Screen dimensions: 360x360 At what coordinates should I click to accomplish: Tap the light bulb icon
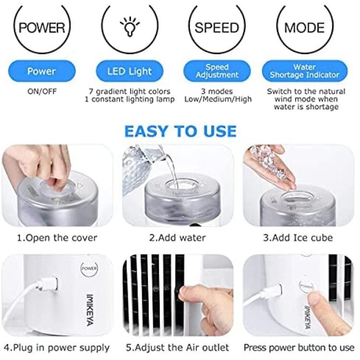(x=130, y=26)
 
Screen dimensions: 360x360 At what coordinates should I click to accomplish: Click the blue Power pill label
(x=42, y=71)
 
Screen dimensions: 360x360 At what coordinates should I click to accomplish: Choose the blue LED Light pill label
(x=130, y=71)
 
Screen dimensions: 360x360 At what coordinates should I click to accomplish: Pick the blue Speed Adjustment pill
(x=217, y=71)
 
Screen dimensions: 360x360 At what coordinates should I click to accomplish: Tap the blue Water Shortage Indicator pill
(x=305, y=71)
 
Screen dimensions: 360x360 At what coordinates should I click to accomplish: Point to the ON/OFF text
(x=42, y=91)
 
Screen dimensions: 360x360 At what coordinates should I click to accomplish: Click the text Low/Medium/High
(x=218, y=99)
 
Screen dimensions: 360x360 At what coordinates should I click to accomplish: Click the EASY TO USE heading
(x=180, y=131)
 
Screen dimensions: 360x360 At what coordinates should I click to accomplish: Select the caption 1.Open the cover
(x=57, y=238)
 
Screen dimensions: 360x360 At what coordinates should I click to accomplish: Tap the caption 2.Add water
(x=178, y=238)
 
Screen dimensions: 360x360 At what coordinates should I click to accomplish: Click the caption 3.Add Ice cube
(x=298, y=238)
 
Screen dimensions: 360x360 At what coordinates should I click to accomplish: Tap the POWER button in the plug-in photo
(x=89, y=268)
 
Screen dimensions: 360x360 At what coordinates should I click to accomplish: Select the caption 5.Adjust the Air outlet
(x=178, y=348)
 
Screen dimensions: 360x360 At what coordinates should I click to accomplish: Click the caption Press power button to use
(x=299, y=348)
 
